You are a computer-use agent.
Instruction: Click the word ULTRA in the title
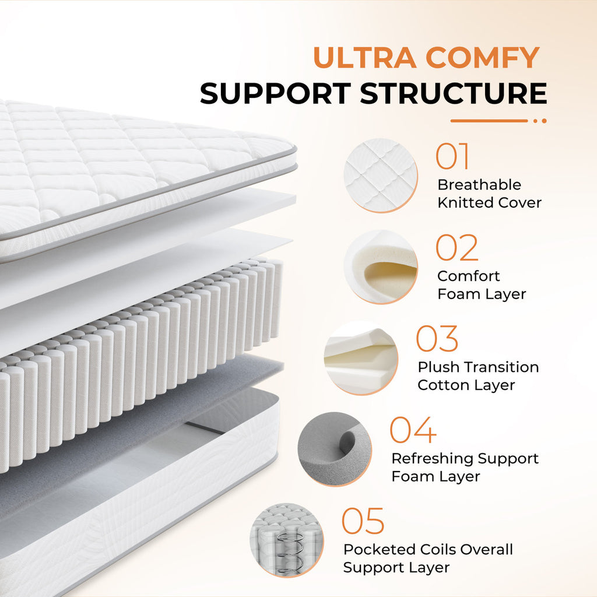pyautogui.click(x=365, y=58)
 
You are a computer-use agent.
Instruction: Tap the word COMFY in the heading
pyautogui.click(x=482, y=58)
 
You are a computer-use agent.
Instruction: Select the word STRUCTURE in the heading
pyautogui.click(x=454, y=93)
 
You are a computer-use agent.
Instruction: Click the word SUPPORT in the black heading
pyautogui.click(x=275, y=93)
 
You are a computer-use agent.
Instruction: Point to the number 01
pyautogui.click(x=452, y=156)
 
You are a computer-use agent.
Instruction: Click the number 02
pyautogui.click(x=457, y=247)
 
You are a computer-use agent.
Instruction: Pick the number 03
pyautogui.click(x=437, y=339)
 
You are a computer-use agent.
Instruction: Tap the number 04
pyautogui.click(x=413, y=430)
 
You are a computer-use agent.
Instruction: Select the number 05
pyautogui.click(x=363, y=521)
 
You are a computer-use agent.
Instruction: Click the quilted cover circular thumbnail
pyautogui.click(x=381, y=175)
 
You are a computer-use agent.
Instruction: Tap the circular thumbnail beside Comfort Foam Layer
pyautogui.click(x=381, y=267)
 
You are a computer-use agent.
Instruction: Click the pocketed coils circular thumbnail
pyautogui.click(x=287, y=540)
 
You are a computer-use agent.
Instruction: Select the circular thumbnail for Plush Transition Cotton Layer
pyautogui.click(x=361, y=358)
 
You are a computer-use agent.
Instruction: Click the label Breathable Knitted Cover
pyautogui.click(x=489, y=194)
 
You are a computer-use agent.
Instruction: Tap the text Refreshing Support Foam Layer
pyautogui.click(x=465, y=467)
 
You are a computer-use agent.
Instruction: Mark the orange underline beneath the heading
pyautogui.click(x=498, y=121)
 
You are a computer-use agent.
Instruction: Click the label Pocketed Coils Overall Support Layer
pyautogui.click(x=428, y=558)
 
